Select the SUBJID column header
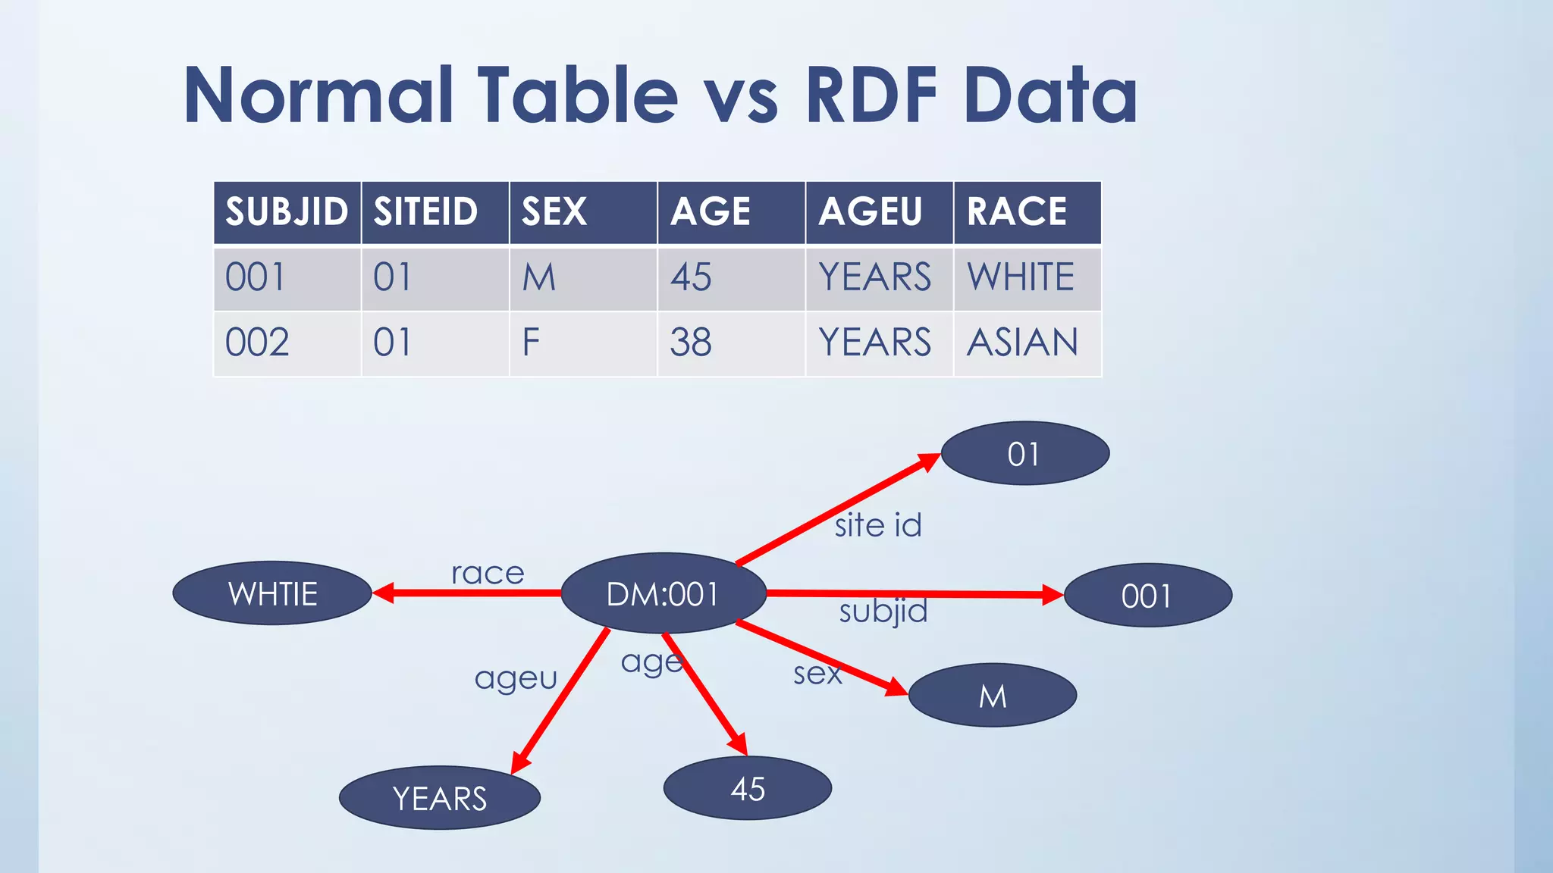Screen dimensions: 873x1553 tap(287, 211)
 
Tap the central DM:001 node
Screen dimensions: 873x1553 tap(663, 594)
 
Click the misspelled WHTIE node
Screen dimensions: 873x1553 tap(272, 593)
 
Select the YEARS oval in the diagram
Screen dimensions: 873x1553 tap(440, 798)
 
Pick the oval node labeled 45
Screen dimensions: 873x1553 tap(748, 789)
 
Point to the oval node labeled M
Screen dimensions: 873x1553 tap(993, 696)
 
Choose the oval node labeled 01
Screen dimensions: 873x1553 tap(1024, 454)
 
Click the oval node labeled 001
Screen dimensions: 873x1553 tap(1147, 596)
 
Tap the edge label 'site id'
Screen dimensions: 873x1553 tap(878, 525)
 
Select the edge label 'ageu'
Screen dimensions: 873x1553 tap(516, 677)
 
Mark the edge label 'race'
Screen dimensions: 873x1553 tap(488, 574)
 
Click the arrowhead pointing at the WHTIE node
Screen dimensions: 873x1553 tap(384, 593)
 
